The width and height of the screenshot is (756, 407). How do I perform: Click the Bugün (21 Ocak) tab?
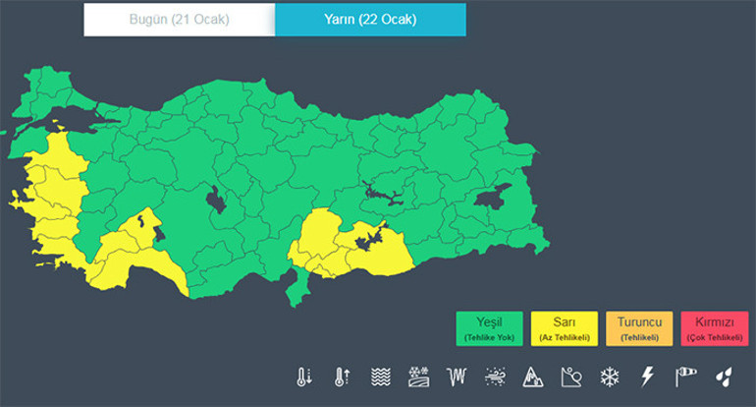[179, 20]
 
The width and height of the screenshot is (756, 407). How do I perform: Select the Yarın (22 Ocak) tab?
[370, 20]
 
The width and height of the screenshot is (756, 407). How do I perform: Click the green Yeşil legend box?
[489, 328]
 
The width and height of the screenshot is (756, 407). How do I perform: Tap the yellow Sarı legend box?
[565, 328]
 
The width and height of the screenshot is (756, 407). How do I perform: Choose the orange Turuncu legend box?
[639, 328]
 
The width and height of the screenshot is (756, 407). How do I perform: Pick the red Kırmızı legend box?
[714, 328]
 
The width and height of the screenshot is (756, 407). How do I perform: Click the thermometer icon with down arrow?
[303, 377]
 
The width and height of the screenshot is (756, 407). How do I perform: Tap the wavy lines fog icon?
[380, 377]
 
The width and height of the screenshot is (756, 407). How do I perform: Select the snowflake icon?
[609, 377]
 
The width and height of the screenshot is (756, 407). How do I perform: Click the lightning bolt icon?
[647, 377]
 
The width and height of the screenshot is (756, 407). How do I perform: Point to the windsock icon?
[684, 377]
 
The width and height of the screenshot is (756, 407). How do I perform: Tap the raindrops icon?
[723, 377]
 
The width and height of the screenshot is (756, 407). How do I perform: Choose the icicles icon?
[457, 377]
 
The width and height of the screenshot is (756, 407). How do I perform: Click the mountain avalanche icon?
[533, 377]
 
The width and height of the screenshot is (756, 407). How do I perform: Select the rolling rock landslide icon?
[571, 377]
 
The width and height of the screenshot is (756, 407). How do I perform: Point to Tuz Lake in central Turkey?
[215, 200]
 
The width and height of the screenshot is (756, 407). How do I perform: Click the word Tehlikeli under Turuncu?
[639, 337]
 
